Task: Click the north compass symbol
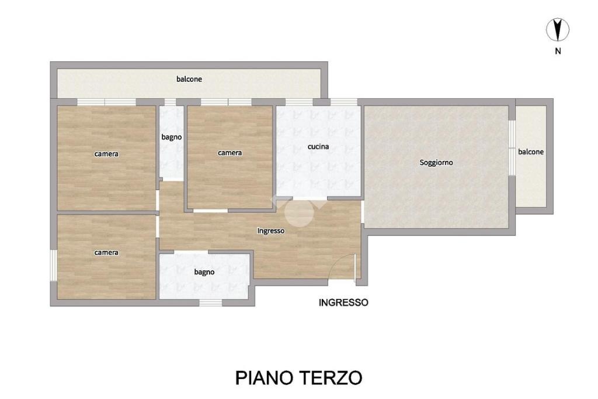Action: tap(558, 29)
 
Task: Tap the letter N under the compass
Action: tap(558, 51)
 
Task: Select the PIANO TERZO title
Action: tap(298, 378)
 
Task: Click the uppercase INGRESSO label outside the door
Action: tap(343, 302)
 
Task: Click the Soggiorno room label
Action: tap(436, 163)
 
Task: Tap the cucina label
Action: tap(318, 146)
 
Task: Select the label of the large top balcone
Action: tap(189, 79)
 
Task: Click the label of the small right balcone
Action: tap(531, 152)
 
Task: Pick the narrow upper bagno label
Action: tap(172, 137)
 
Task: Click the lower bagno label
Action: tap(204, 272)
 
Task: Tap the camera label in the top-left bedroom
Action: tap(106, 154)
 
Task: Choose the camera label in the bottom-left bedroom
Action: tap(106, 253)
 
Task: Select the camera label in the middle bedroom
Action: tap(230, 153)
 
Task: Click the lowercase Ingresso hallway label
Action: tap(271, 231)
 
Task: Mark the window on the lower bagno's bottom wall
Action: tap(210, 302)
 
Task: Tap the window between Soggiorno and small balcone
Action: tap(512, 148)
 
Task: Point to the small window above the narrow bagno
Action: tap(170, 102)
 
